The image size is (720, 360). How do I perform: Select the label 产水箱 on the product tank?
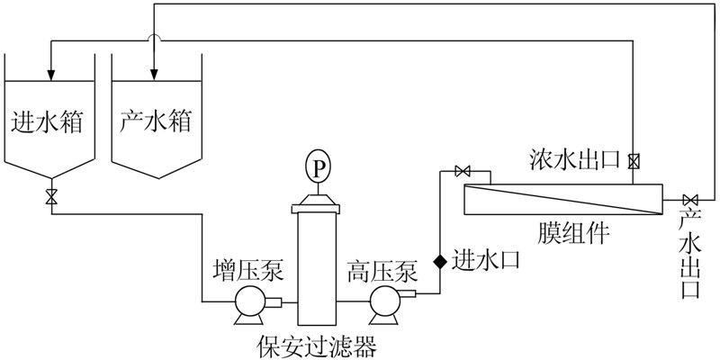[x=156, y=121]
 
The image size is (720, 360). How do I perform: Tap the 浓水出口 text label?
[x=575, y=160]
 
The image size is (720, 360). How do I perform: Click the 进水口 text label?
[x=485, y=258]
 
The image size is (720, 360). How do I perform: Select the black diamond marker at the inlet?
[x=440, y=261]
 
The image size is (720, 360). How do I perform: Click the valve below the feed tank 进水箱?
[x=51, y=196]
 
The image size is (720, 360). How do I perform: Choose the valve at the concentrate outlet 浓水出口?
[x=634, y=162]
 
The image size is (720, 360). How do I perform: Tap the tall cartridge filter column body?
[x=316, y=265]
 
